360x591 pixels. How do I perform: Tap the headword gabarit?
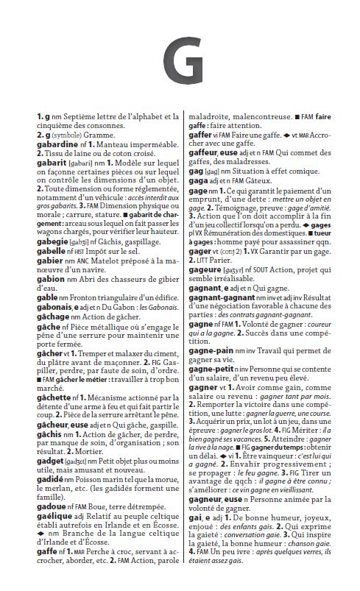tap(54, 163)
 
